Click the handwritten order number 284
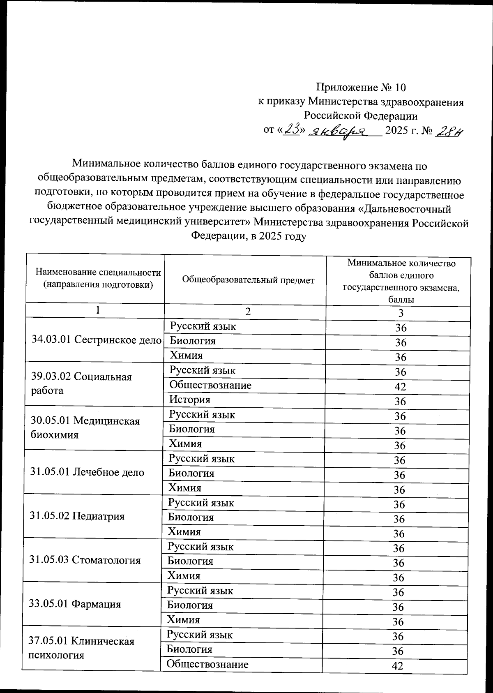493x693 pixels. (x=449, y=132)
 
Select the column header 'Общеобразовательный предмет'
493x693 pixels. (x=248, y=280)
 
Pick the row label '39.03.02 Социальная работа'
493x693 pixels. (x=81, y=383)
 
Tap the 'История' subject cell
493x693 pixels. (x=190, y=400)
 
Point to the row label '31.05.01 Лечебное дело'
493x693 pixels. (x=87, y=472)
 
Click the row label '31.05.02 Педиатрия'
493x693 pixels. (x=77, y=516)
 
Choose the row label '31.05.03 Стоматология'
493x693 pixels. (x=85, y=560)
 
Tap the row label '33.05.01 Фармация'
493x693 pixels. (x=75, y=604)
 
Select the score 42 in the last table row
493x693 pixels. (x=397, y=666)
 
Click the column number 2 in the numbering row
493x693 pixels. (x=247, y=312)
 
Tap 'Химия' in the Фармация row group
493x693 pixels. (x=183, y=620)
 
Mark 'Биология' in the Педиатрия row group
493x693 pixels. (x=191, y=517)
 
